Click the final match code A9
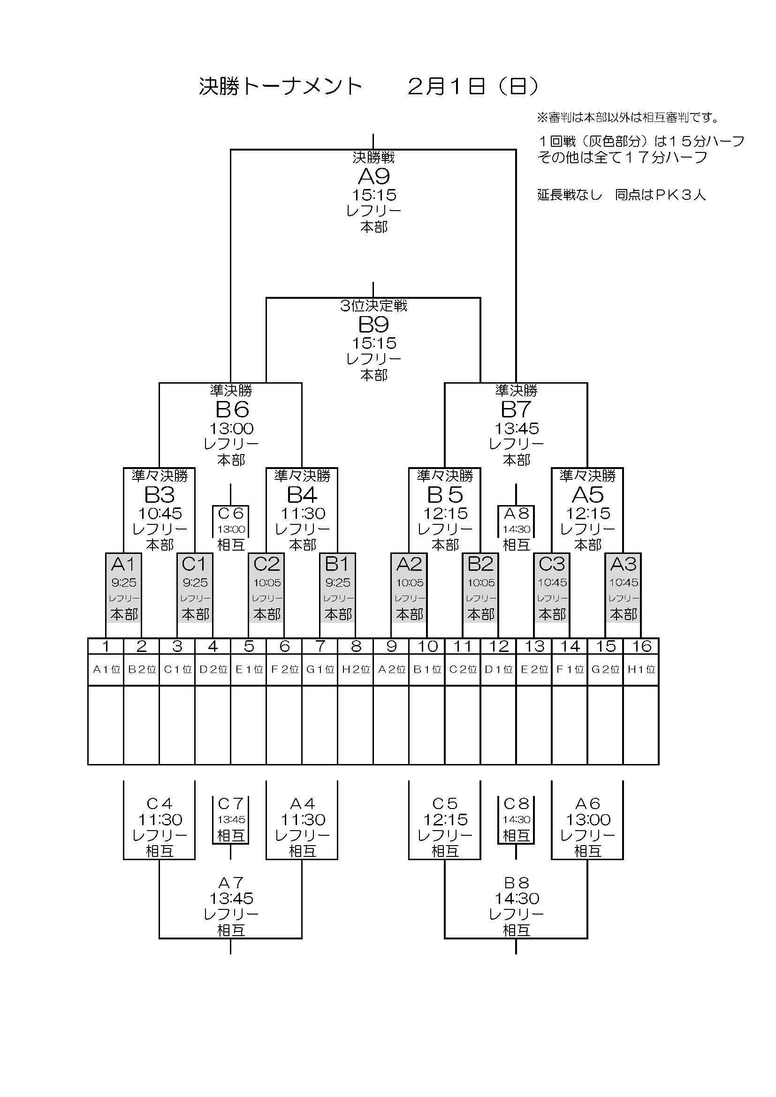(373, 177)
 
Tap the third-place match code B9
(373, 325)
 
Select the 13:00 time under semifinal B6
(231, 428)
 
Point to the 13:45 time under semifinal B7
(517, 428)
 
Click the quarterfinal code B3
(159, 495)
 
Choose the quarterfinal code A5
(588, 495)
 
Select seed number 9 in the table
(391, 646)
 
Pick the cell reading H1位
(641, 669)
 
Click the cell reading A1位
(106, 669)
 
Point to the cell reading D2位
(213, 669)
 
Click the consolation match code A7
(231, 883)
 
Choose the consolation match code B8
(517, 883)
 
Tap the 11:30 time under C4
(160, 820)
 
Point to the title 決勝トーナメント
(281, 86)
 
